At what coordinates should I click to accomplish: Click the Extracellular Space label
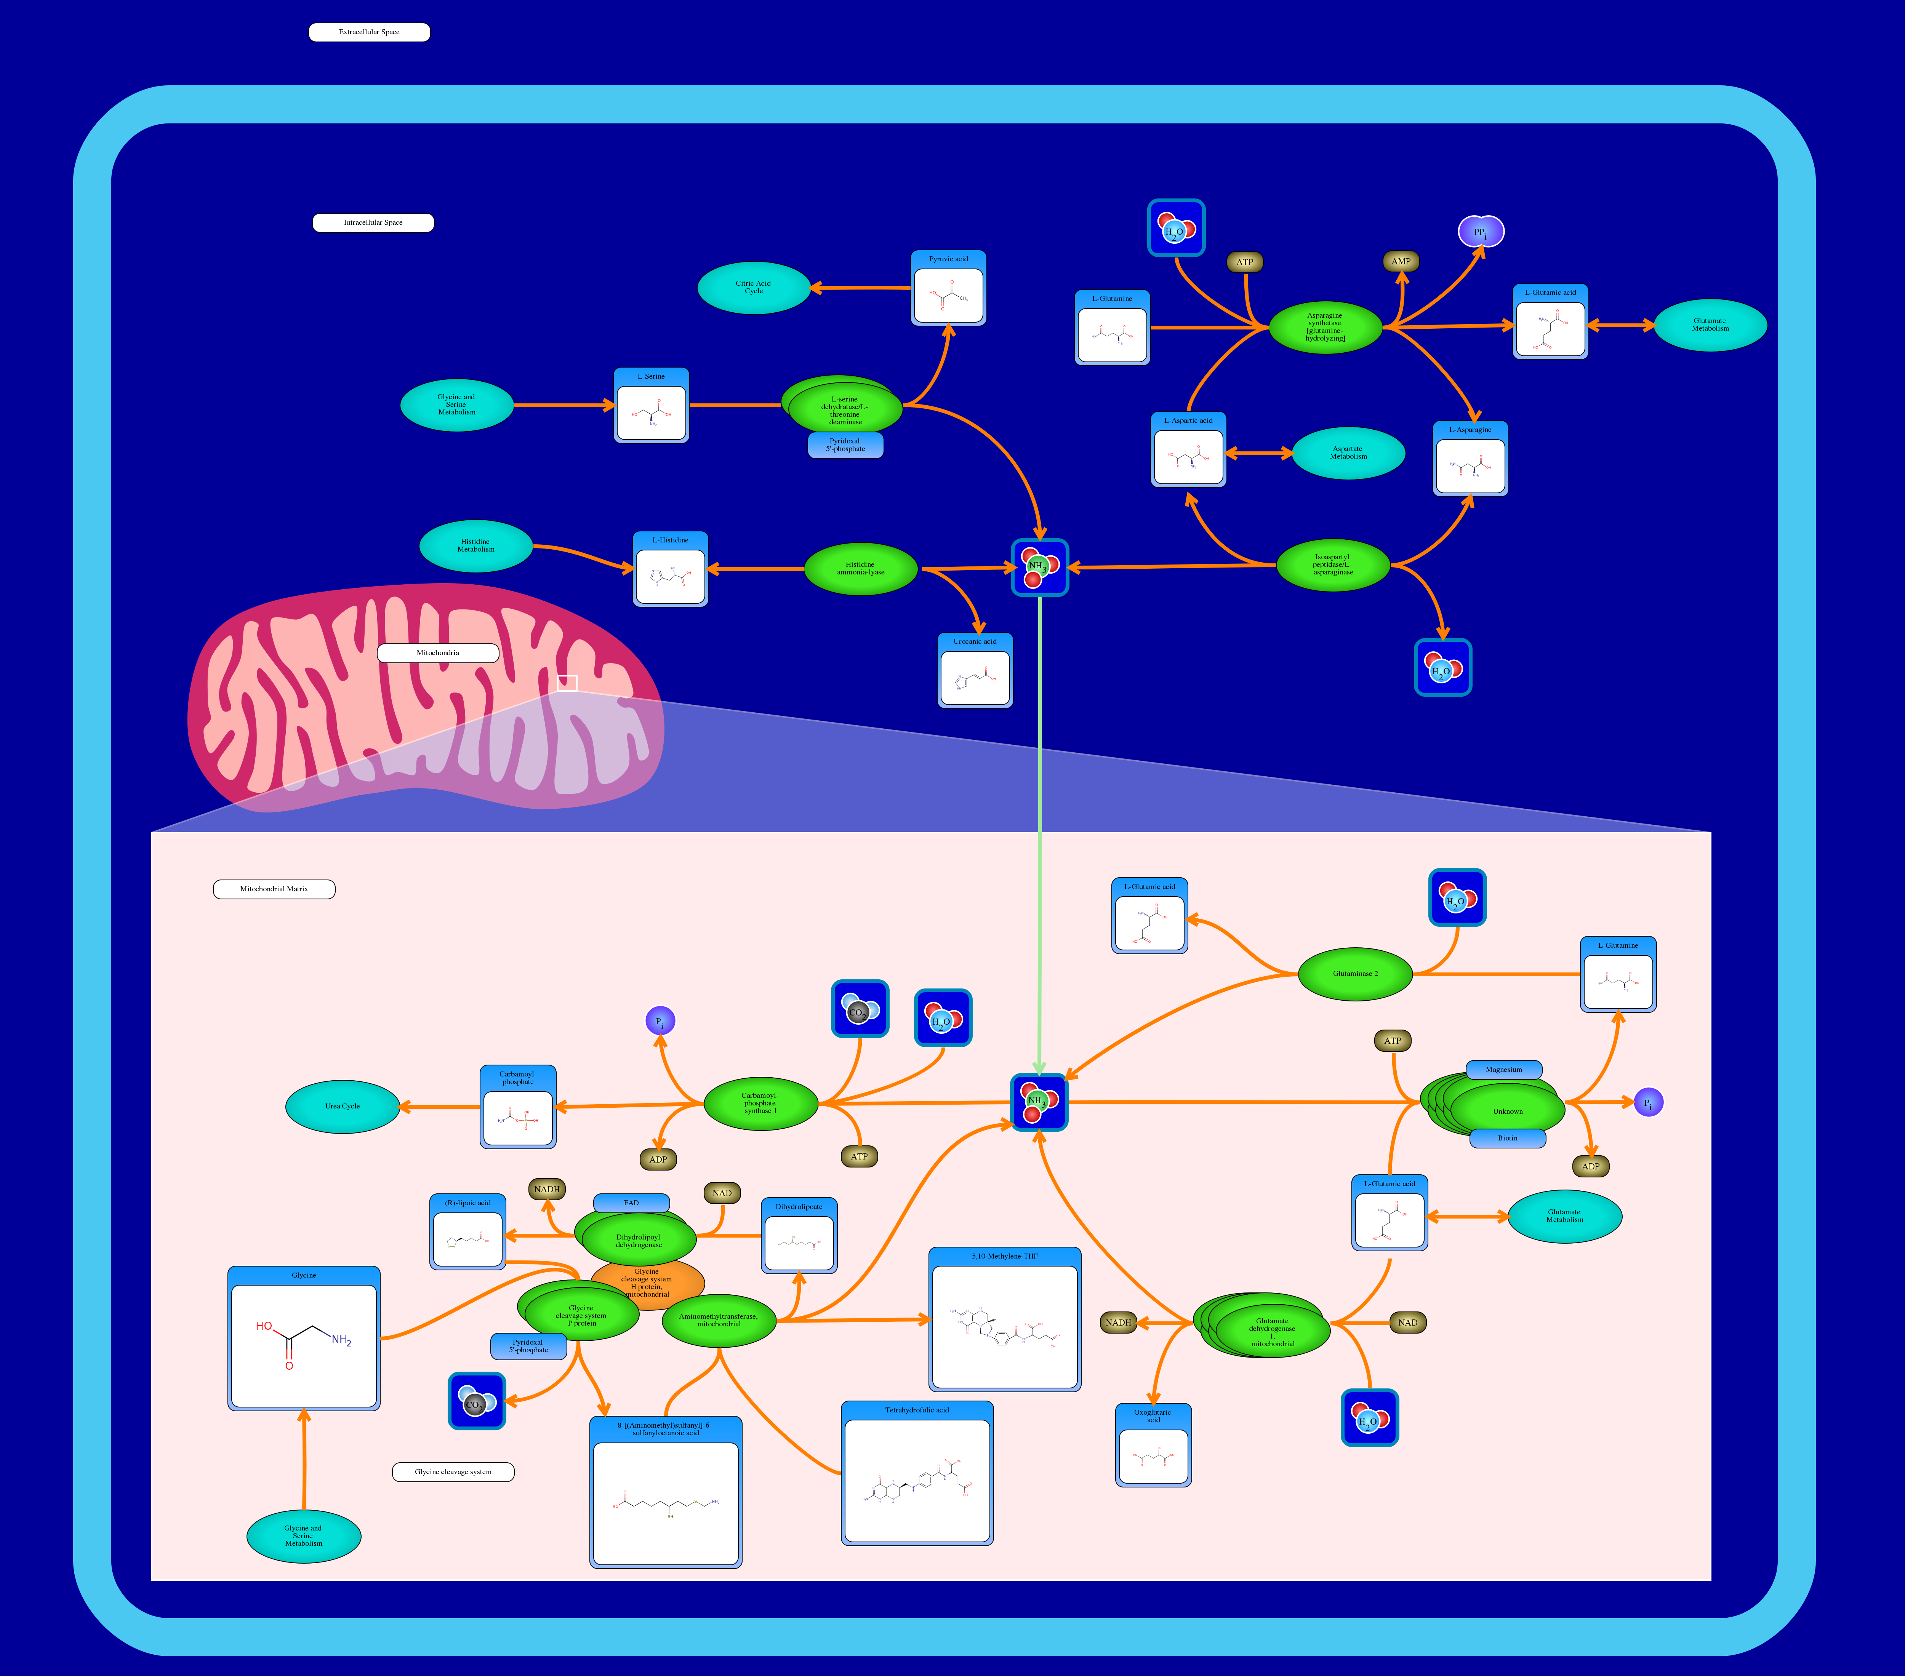[x=369, y=33]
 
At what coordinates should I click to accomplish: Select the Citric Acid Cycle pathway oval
[x=753, y=288]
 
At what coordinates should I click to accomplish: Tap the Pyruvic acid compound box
[x=948, y=289]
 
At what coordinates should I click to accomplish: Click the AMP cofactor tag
[x=1401, y=262]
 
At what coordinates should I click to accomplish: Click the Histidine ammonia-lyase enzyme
[x=860, y=568]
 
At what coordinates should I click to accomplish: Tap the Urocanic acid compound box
[x=975, y=671]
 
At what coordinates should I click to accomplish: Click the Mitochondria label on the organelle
[x=437, y=653]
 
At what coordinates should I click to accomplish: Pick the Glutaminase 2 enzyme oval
[x=1355, y=974]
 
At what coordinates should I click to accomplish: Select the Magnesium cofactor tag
[x=1503, y=1070]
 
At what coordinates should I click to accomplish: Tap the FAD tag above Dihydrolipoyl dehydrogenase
[x=631, y=1203]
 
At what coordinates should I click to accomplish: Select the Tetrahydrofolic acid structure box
[x=917, y=1473]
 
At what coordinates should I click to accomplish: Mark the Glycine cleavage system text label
[x=453, y=1472]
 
